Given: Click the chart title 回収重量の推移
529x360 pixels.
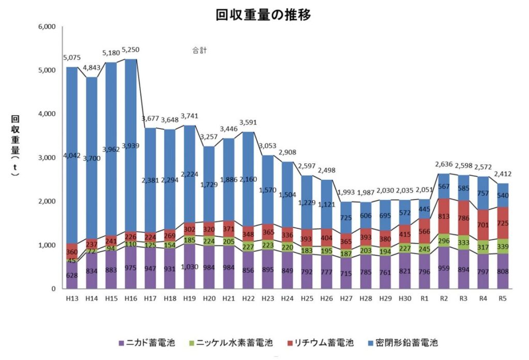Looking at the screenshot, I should (263, 15).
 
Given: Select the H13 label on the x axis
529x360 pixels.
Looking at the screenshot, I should (72, 298).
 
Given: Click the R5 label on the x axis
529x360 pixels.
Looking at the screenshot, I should (503, 298).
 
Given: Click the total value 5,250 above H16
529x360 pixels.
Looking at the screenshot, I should (131, 50).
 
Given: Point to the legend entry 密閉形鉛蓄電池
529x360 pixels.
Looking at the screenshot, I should (409, 342).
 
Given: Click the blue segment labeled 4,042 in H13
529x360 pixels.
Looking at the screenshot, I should (72, 155).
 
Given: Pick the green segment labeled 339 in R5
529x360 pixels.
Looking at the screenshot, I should (503, 246).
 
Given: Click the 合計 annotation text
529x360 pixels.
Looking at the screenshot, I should (198, 51).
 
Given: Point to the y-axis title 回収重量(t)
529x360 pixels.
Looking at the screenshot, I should (15, 146).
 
